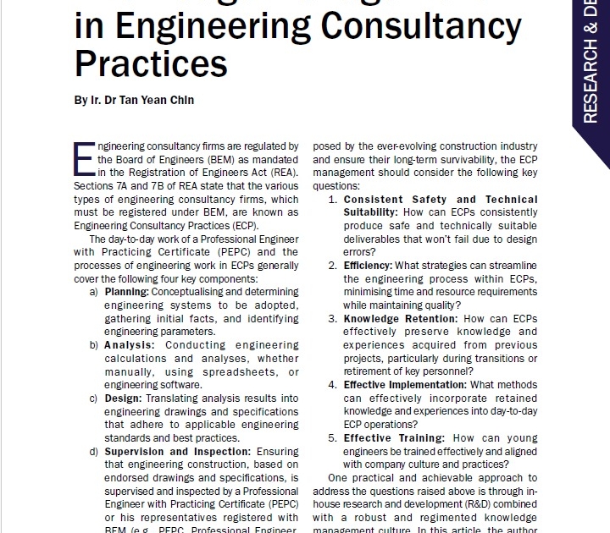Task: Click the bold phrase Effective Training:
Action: (394, 438)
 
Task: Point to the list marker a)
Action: (93, 291)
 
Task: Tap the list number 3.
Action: (334, 319)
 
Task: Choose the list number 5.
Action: (334, 438)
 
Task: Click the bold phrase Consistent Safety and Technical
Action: (440, 200)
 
